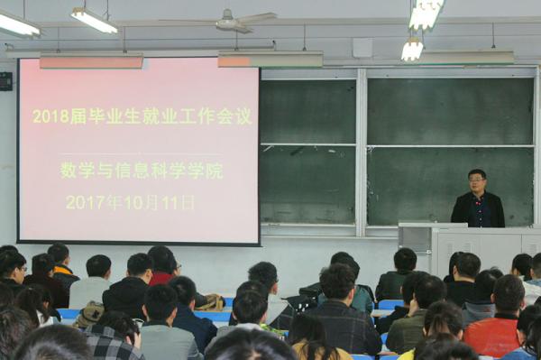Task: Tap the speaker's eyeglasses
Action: click(x=477, y=179)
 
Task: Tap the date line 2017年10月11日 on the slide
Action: click(x=130, y=202)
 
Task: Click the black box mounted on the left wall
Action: click(x=5, y=81)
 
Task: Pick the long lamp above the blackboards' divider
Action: click(x=270, y=59)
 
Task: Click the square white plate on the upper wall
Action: click(x=362, y=48)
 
